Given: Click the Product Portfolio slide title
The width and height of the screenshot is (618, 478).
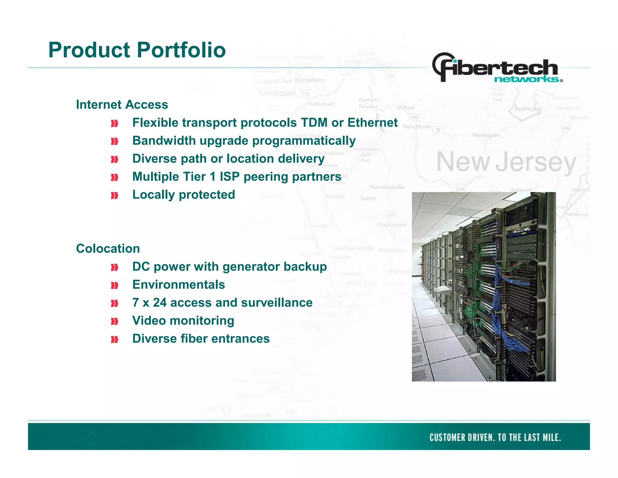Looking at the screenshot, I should pyautogui.click(x=137, y=50).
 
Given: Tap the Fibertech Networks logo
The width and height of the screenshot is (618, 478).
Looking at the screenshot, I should pyautogui.click(x=497, y=69).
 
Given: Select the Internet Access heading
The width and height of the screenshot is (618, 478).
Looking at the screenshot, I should pyautogui.click(x=122, y=105).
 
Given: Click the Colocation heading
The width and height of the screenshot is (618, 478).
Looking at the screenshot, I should pyautogui.click(x=108, y=249).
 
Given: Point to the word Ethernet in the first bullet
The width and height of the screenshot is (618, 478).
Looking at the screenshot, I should pyautogui.click(x=372, y=123).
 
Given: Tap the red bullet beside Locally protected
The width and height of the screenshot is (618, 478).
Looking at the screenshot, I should pyautogui.click(x=114, y=195).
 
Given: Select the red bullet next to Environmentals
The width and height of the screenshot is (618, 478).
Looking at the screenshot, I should pyautogui.click(x=114, y=285).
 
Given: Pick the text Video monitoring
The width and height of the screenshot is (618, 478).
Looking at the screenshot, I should pyautogui.click(x=183, y=321).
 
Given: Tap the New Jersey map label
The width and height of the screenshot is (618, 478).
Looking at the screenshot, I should pyautogui.click(x=506, y=163).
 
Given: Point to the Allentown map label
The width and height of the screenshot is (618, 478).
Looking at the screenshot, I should pyautogui.click(x=277, y=93).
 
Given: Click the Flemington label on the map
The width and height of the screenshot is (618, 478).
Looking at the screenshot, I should pyautogui.click(x=486, y=135).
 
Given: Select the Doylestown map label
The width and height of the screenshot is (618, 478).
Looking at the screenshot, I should pyautogui.click(x=393, y=225).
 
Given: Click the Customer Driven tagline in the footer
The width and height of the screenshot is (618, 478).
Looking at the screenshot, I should pyautogui.click(x=495, y=437).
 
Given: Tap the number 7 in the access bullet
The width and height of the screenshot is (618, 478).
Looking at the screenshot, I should pyautogui.click(x=135, y=303).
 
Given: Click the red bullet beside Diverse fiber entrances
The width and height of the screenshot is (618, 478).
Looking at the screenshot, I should pyautogui.click(x=114, y=340).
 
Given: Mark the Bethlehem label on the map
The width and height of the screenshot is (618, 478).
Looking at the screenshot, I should pyautogui.click(x=309, y=80).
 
